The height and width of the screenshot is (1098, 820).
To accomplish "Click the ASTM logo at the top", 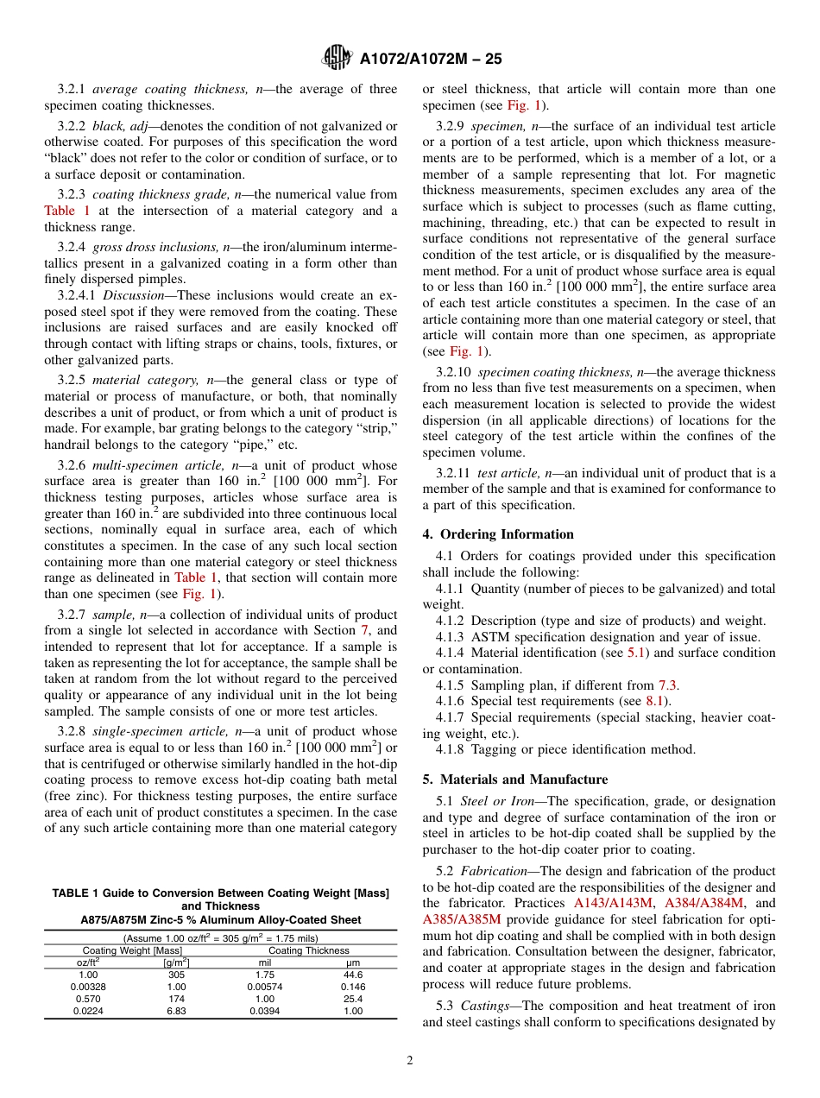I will (x=337, y=58).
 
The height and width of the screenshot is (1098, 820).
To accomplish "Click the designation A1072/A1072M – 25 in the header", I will (x=429, y=59).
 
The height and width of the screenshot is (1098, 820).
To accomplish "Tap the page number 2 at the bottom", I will (x=410, y=1061).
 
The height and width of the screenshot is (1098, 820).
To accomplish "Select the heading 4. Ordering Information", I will (x=498, y=534).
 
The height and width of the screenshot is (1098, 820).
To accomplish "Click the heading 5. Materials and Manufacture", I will (x=515, y=779).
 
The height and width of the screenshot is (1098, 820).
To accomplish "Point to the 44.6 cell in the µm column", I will (x=352, y=974).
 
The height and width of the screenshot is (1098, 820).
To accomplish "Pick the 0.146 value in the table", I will (x=352, y=986).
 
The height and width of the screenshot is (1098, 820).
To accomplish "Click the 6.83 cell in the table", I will (x=176, y=1011).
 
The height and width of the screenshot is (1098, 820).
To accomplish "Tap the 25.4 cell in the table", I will (x=352, y=999).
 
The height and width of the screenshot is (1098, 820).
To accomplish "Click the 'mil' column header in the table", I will (x=265, y=962).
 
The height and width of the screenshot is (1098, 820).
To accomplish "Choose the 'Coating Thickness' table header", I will (x=308, y=950).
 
